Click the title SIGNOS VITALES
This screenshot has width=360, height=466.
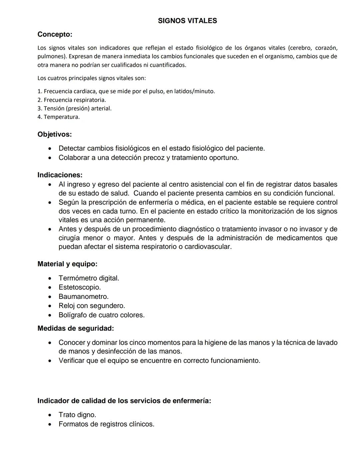pyautogui.click(x=187, y=21)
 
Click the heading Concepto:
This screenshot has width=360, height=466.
pyautogui.click(x=55, y=34)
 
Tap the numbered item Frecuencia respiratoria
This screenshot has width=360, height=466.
pyautogui.click(x=75, y=100)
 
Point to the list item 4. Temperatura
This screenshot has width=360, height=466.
pyautogui.click(x=59, y=117)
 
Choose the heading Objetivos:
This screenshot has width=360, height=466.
pyautogui.click(x=54, y=134)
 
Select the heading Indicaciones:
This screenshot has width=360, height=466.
pyautogui.click(x=60, y=175)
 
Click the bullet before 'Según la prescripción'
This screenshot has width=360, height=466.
pyautogui.click(x=50, y=202)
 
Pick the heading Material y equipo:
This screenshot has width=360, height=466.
pyautogui.click(x=67, y=264)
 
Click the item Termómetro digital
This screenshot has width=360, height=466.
pyautogui.click(x=89, y=278)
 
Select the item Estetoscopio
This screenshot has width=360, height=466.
pyautogui.click(x=80, y=287)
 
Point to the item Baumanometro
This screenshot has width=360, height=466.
pyautogui.click(x=83, y=297)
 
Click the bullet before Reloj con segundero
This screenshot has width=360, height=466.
pyautogui.click(x=50, y=306)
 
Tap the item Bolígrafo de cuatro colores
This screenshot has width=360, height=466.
pyautogui.click(x=101, y=315)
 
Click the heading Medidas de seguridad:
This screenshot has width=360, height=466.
pyautogui.click(x=76, y=328)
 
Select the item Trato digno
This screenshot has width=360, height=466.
pyautogui.click(x=77, y=415)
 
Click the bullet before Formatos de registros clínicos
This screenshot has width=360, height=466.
pyautogui.click(x=50, y=424)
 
